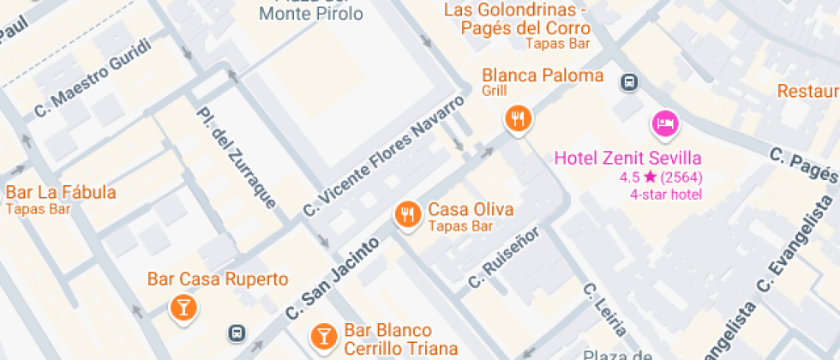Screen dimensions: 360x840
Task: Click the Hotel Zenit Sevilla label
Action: [627, 158]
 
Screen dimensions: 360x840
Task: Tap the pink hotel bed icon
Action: [665, 124]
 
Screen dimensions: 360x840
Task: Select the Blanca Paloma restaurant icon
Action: [517, 118]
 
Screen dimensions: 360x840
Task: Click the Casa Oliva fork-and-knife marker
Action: [407, 214]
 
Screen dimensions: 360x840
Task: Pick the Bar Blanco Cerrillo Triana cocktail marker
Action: [323, 335]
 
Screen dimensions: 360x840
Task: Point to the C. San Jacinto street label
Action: [332, 280]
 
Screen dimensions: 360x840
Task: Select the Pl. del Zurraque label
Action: [236, 158]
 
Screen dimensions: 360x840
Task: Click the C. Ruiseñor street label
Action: [502, 257]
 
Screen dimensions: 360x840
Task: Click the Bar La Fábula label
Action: [60, 192]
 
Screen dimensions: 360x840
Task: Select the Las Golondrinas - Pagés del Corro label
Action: [526, 19]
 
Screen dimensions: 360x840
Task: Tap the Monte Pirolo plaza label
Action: [311, 13]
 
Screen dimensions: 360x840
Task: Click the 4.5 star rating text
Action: [660, 177]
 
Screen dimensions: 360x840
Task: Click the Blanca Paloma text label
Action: [543, 75]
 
